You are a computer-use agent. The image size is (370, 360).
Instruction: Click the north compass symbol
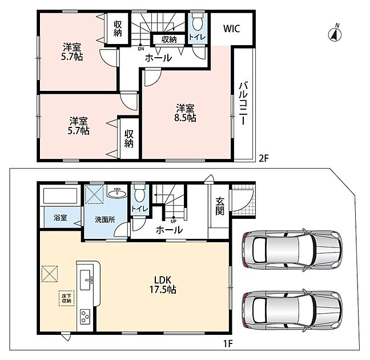tap(335, 34)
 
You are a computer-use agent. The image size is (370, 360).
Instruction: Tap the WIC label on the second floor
tap(231, 29)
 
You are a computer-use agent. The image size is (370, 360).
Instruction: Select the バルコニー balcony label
tap(244, 103)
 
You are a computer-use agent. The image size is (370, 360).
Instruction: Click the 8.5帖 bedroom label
tap(185, 113)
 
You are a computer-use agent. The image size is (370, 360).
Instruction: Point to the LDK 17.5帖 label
tap(163, 285)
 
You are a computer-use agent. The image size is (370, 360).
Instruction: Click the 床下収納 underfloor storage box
tap(67, 298)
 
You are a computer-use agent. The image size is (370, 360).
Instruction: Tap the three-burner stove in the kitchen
tap(85, 317)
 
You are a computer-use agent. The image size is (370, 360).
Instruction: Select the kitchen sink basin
tap(85, 279)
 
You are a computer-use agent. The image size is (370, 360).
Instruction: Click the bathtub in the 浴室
tap(61, 195)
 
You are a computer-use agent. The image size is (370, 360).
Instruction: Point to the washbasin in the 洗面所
tap(117, 193)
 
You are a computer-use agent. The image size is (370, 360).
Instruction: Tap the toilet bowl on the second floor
tap(198, 22)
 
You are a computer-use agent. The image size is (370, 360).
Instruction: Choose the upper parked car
tap(292, 250)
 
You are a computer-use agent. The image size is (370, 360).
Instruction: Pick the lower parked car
tap(292, 311)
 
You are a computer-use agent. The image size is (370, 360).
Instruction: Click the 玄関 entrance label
tap(220, 206)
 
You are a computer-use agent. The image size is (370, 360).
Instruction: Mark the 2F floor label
tap(264, 158)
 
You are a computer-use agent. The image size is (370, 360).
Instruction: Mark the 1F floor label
tap(228, 343)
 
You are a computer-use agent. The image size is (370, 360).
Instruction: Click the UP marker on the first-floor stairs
tap(174, 221)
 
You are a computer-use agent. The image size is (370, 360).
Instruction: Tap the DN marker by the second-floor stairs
tap(141, 49)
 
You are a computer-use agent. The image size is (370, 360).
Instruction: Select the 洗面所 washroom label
tap(105, 219)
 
